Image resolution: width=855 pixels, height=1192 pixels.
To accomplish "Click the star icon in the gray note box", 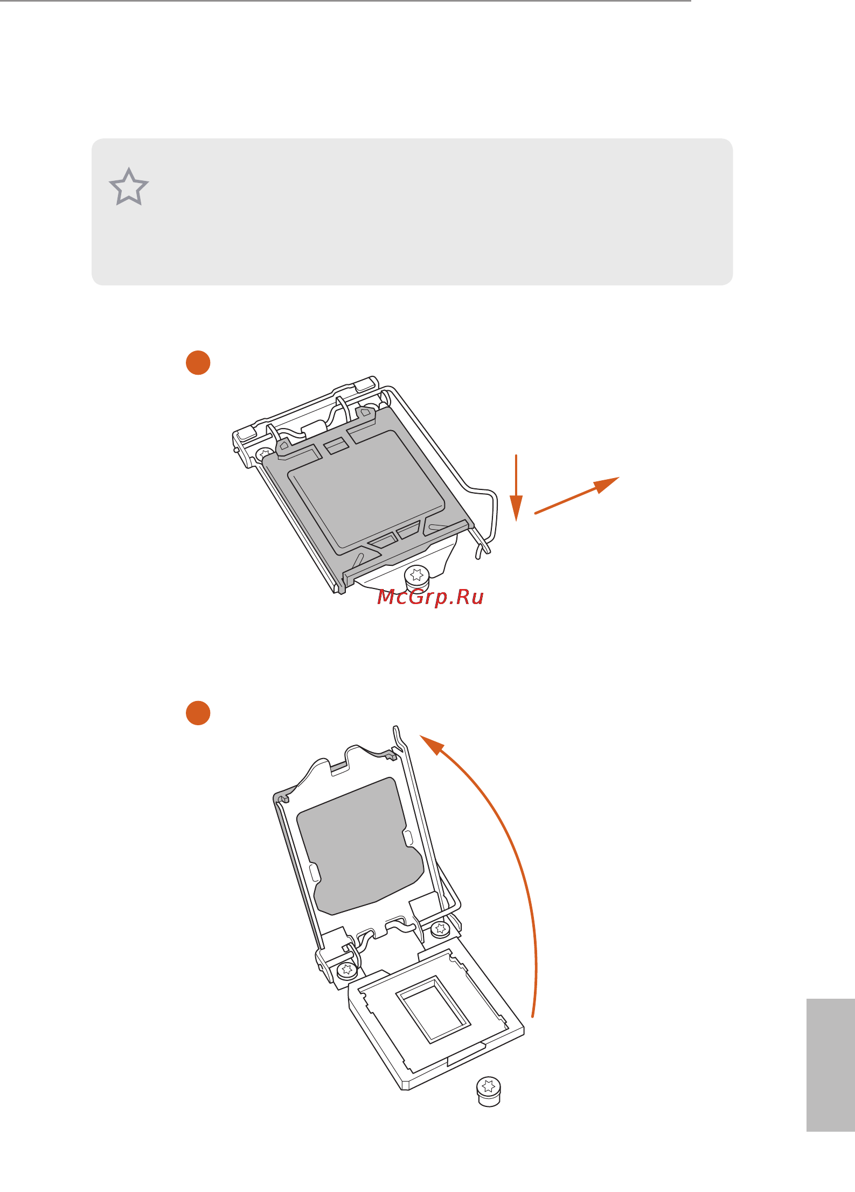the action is (129, 187).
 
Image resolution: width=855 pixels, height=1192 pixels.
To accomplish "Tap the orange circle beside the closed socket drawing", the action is (198, 362).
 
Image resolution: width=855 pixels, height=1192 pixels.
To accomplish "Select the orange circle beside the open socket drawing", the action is (198, 713).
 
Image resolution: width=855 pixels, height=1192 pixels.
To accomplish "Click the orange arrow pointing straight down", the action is (516, 488).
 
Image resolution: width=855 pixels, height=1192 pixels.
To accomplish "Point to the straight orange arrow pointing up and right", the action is (577, 495).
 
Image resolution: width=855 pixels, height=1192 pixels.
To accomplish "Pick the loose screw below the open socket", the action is (489, 1091).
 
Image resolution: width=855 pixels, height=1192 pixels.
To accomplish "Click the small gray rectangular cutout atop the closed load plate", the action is (336, 445).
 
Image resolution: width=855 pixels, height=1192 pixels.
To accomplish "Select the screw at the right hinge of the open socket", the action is (440, 928).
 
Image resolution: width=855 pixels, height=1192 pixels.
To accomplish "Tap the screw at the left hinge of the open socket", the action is (346, 970).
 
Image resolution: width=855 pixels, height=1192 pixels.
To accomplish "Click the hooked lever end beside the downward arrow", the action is (483, 549).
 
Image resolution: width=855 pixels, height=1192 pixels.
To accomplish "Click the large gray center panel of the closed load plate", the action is (366, 487).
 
